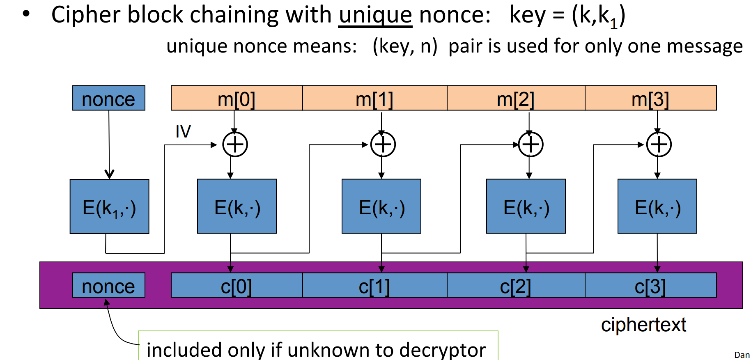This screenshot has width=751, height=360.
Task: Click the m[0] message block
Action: coord(237,99)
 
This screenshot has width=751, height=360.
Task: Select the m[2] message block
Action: coord(516,99)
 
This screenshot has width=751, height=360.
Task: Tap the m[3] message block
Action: coord(650,99)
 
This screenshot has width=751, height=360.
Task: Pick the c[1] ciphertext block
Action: coord(374,286)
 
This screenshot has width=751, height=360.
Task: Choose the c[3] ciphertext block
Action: coord(650,286)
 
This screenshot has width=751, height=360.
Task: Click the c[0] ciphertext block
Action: coord(237,286)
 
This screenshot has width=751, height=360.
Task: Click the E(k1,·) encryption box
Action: coord(109,206)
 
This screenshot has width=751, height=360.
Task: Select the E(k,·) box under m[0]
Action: coord(237,206)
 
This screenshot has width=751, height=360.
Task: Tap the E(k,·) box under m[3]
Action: coord(657,206)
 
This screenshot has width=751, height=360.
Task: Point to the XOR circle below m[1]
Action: coord(383,144)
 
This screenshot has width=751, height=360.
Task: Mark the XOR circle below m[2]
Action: coord(531,144)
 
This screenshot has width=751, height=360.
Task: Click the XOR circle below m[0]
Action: coord(235,144)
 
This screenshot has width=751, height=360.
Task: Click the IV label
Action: coord(183,132)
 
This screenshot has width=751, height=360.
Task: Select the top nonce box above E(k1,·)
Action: coord(109,99)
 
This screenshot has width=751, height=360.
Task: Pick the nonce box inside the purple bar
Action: coord(109,286)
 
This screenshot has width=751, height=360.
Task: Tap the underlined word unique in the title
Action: coord(375,16)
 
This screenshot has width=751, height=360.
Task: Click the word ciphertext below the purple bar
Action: coord(643,325)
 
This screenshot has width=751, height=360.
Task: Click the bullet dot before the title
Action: coord(27,14)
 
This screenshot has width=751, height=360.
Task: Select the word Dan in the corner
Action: coord(742,355)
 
